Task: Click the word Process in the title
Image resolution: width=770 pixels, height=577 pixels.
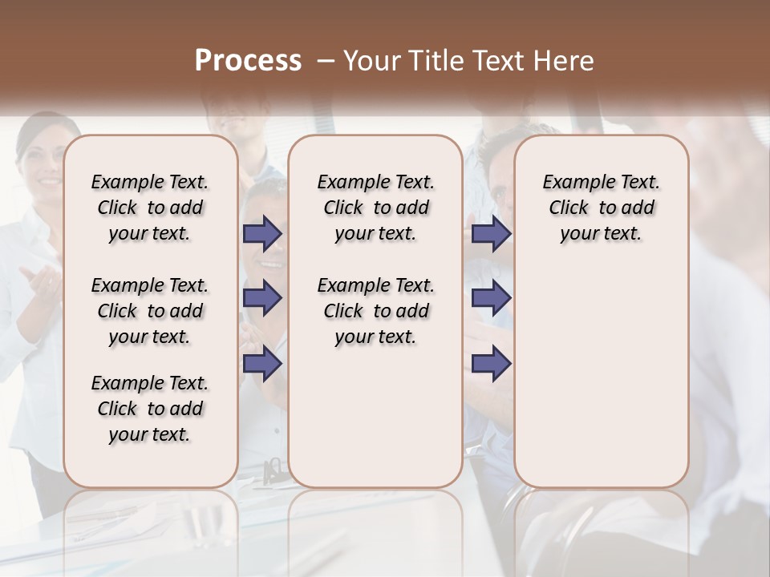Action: pos(248,61)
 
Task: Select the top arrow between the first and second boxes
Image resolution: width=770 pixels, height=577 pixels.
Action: pos(262,233)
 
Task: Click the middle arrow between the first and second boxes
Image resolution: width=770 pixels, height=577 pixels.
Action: pos(262,298)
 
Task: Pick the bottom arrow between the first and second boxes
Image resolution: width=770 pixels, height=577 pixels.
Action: pos(262,363)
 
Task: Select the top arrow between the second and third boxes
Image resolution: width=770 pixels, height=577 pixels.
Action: pos(491,233)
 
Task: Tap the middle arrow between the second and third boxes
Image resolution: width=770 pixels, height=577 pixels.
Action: pos(491,298)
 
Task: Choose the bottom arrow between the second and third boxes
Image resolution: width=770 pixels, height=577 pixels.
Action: pos(491,363)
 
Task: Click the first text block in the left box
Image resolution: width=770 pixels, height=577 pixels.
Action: pos(150,208)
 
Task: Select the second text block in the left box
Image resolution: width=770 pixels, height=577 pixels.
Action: pos(150,311)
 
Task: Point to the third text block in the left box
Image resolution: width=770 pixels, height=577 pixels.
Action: pos(150,409)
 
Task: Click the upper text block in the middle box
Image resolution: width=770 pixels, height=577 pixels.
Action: pos(375,208)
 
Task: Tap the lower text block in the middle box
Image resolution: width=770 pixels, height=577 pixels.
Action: pos(375,311)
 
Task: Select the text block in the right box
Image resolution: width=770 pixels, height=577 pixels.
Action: pos(601,208)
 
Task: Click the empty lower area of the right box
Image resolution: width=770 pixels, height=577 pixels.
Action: pos(601,385)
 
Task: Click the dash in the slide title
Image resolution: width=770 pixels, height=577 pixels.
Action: pos(326,61)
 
